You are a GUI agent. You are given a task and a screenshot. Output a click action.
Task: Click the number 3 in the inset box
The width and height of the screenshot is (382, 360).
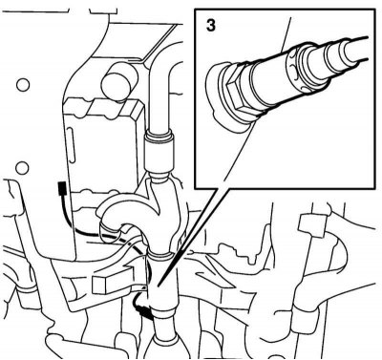[x=211, y=26]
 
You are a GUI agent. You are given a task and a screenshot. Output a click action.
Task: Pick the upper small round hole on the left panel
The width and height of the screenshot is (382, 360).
[x=23, y=85]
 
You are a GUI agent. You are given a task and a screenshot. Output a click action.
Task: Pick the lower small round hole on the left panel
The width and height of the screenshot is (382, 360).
[x=22, y=167]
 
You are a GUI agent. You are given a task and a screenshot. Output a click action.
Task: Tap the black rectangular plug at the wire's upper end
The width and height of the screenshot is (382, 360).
[x=62, y=189]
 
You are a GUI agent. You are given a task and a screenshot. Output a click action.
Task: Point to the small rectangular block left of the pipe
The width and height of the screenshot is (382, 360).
[x=103, y=284]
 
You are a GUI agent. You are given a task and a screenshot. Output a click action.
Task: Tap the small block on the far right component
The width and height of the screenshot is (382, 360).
[x=311, y=225]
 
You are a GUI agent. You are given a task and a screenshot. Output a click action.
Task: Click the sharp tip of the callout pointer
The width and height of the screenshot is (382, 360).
[x=159, y=284]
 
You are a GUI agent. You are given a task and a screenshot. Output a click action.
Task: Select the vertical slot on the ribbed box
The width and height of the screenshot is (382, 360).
[x=71, y=145]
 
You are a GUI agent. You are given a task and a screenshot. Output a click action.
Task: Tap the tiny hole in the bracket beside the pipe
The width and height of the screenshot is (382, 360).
[x=144, y=287]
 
